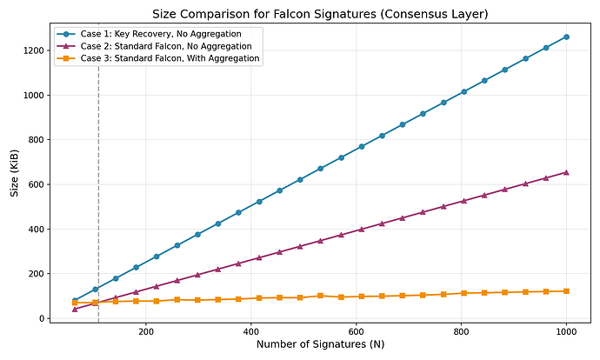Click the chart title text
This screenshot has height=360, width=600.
coord(320,13)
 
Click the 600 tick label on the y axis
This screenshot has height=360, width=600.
coord(32,184)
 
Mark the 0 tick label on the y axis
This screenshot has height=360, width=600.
coord(38,318)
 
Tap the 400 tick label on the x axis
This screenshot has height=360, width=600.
coord(251,330)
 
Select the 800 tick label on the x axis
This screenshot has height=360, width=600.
coord(462,330)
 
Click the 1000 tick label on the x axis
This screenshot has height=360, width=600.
coord(567,330)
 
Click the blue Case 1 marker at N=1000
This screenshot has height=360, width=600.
coord(567,37)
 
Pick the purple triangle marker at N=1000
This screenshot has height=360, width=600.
coord(567,172)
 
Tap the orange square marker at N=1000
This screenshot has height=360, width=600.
coord(567,291)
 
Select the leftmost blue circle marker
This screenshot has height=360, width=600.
coord(75,301)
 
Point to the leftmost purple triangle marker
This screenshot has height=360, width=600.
coord(75,309)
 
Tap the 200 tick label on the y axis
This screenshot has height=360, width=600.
coord(32,274)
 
